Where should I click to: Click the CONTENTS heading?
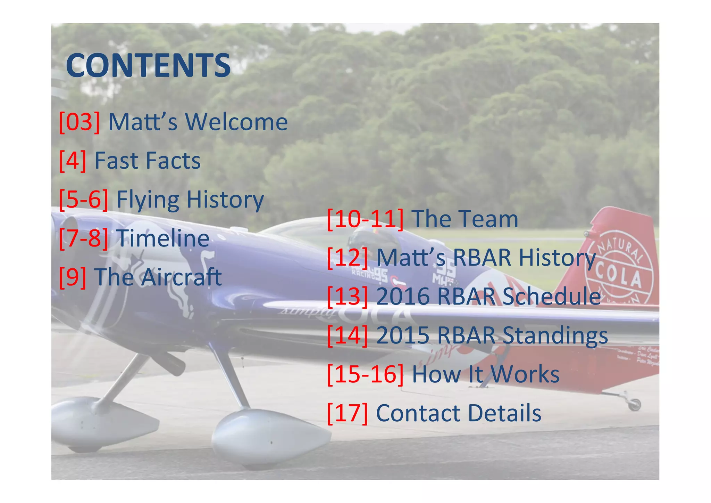tap(148, 65)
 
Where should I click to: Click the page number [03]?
tap(80, 122)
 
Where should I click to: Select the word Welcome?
tap(236, 122)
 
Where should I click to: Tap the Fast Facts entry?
tap(148, 161)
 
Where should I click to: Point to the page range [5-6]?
tap(84, 200)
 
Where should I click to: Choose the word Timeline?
tap(163, 238)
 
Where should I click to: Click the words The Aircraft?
tap(158, 277)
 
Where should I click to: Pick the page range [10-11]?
tap(365, 219)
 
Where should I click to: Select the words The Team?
tap(465, 219)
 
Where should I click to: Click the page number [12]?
tap(348, 258)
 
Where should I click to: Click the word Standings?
tap(555, 335)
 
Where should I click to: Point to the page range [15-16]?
tap(365, 374)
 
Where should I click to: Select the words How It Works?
tap(486, 374)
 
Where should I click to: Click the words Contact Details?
tap(459, 413)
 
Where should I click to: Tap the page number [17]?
tap(348, 413)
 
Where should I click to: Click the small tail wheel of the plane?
tap(635, 404)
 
